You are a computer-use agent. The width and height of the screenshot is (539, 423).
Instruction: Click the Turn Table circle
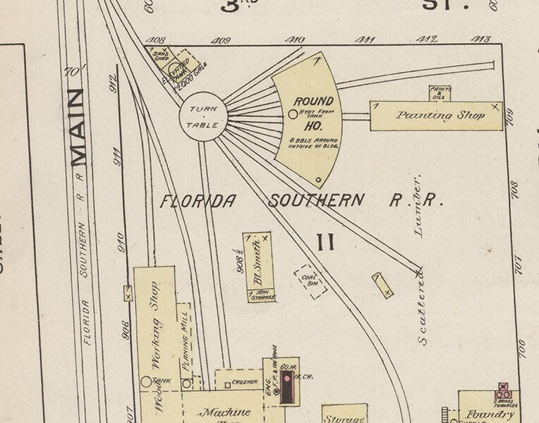(203, 117)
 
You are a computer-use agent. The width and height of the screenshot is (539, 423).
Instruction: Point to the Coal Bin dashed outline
(310, 281)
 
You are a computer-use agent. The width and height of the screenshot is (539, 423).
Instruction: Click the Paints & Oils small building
(440, 93)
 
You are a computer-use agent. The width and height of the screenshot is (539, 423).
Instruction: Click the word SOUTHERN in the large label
(317, 200)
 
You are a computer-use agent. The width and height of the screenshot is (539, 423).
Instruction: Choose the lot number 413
(481, 39)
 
